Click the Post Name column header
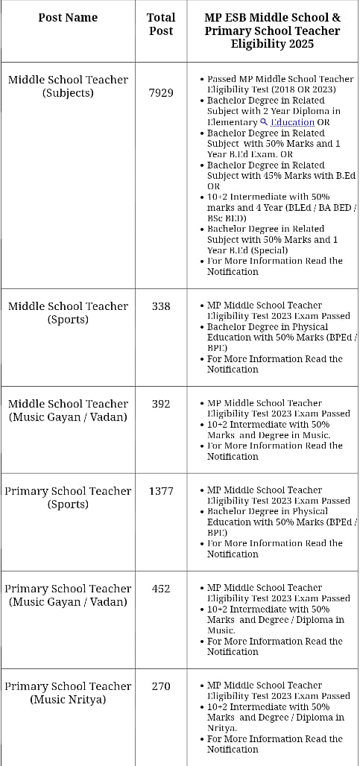pos(68,17)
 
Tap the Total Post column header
pos(161,24)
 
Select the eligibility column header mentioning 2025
pos(273,31)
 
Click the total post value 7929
pos(161,93)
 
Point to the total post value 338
pos(161,306)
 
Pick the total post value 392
pos(161,404)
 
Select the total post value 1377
pos(161,491)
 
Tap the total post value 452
pos(161,589)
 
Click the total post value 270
pos(161,686)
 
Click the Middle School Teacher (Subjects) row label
pos(68,86)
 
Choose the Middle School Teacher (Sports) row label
pos(68,313)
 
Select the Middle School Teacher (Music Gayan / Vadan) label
pos(68,411)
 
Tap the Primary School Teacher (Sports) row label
pos(68,498)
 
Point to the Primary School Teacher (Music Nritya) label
pos(68,693)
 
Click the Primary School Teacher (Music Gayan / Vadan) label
pos(68,595)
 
